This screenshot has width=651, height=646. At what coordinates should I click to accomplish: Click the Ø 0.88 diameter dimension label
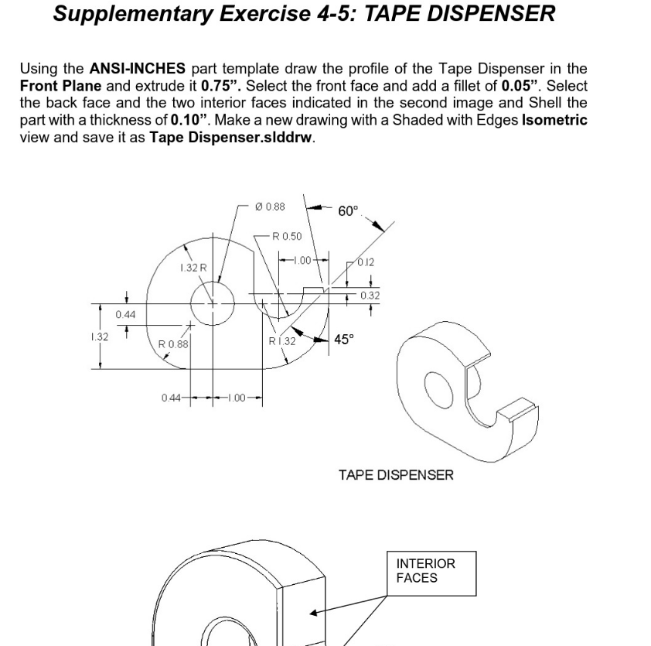[x=270, y=207]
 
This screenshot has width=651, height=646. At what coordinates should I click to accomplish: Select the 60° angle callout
[x=348, y=211]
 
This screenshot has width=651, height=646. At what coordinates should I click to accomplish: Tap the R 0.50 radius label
[x=286, y=237]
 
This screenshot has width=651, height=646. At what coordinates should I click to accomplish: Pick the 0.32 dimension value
[x=370, y=296]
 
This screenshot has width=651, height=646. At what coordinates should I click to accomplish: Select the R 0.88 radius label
[x=173, y=344]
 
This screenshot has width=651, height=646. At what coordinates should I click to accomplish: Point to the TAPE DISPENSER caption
[x=396, y=475]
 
